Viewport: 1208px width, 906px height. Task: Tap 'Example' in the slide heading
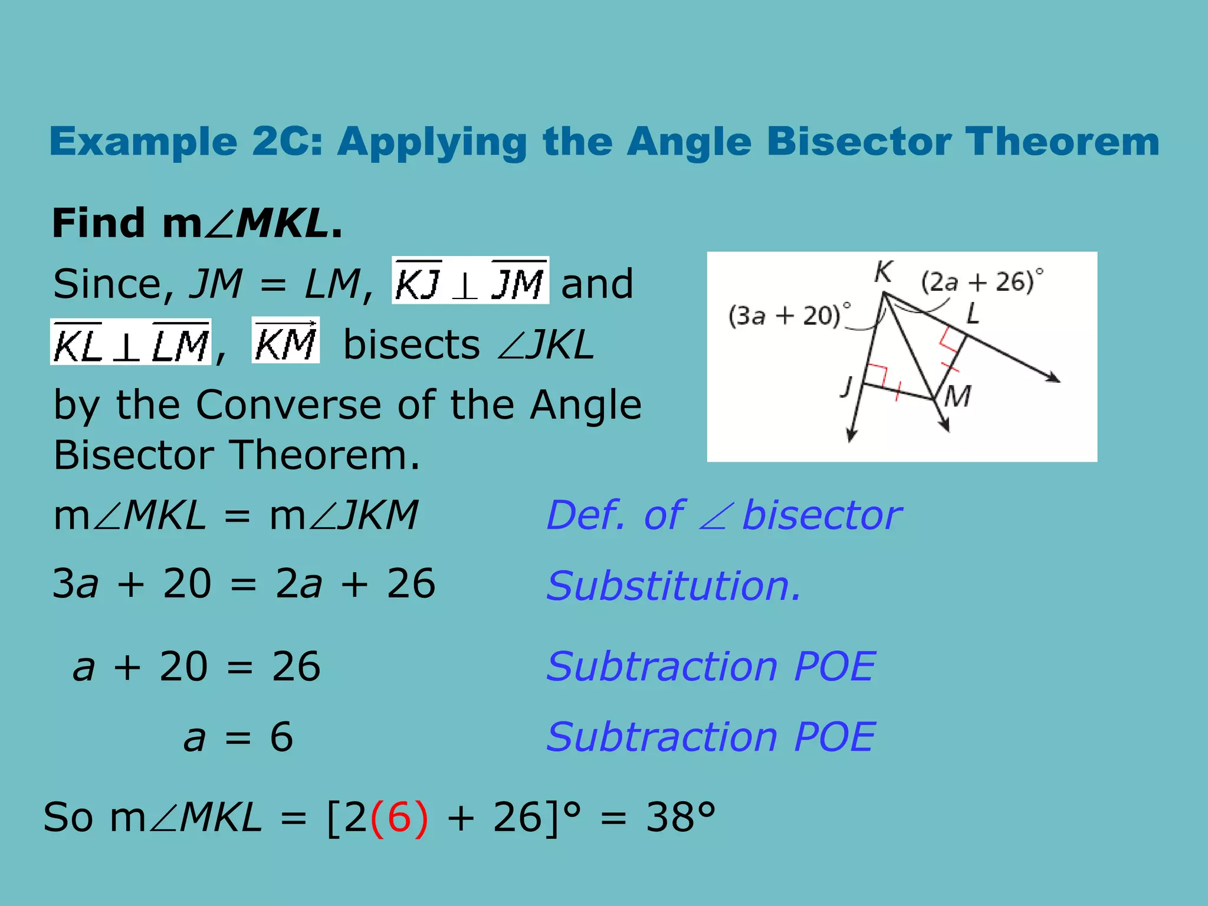(x=143, y=142)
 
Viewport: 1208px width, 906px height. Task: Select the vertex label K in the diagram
(x=883, y=272)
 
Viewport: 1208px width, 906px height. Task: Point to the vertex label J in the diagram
(x=848, y=388)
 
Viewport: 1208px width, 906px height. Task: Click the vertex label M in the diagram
(x=957, y=396)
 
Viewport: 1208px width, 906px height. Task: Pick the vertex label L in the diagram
(x=973, y=314)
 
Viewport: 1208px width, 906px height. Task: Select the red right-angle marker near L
(x=951, y=340)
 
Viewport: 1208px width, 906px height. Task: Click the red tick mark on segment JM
(x=897, y=391)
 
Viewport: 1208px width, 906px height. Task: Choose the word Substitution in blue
(x=674, y=586)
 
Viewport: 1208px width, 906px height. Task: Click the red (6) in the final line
(x=399, y=818)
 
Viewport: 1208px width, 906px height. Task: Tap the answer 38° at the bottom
(x=681, y=818)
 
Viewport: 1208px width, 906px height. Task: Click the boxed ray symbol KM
(x=285, y=341)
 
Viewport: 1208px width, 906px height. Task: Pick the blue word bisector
(x=822, y=516)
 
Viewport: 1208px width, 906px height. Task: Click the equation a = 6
(x=238, y=737)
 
